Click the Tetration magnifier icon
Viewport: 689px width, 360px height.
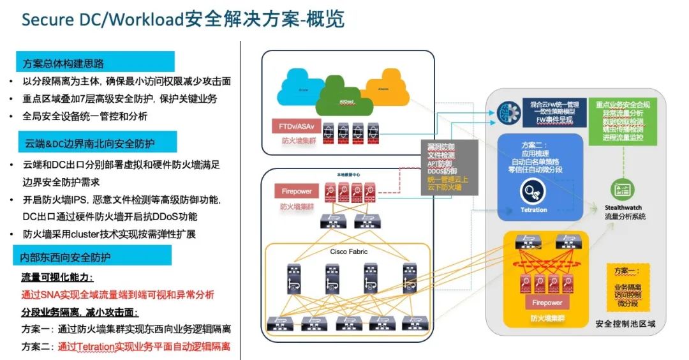point(533,190)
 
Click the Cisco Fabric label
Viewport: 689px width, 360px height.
point(348,251)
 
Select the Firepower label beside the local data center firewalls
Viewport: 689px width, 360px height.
point(295,191)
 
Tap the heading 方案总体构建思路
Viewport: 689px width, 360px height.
point(63,64)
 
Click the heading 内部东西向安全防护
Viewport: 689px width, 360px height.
point(66,257)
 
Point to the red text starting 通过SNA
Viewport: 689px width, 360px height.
point(118,295)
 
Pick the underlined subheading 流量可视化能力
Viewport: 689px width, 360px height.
point(57,278)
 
